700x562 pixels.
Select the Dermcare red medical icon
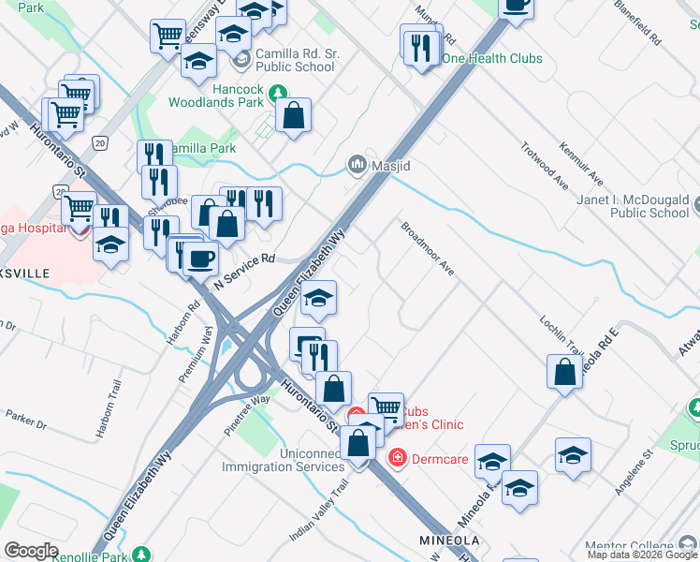click(397, 456)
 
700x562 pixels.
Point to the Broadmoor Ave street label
click(428, 248)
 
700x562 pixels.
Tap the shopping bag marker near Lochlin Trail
click(565, 372)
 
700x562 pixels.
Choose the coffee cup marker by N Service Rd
click(200, 258)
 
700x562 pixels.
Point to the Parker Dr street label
click(26, 419)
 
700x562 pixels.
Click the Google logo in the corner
click(31, 550)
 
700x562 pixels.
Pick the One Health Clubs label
click(491, 58)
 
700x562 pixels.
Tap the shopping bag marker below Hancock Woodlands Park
click(294, 116)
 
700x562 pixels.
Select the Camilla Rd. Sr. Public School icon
click(242, 60)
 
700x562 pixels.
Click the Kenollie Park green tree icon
click(141, 554)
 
